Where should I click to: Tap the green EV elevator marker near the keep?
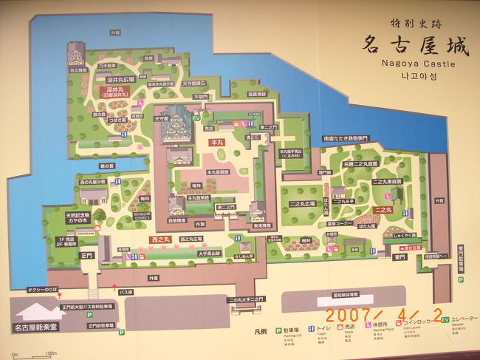point(196,117)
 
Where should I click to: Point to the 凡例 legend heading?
point(230,333)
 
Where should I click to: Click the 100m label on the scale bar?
point(51,353)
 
